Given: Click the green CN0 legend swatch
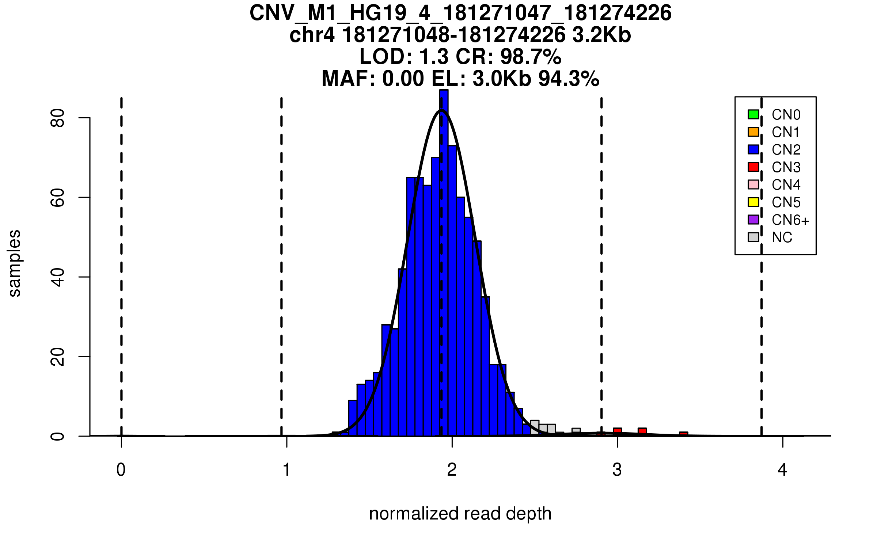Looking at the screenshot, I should click(x=753, y=114).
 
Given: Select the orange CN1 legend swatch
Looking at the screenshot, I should click(x=753, y=132).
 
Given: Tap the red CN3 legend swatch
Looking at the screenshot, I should click(x=753, y=167).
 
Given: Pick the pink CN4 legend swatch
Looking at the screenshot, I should click(x=753, y=184).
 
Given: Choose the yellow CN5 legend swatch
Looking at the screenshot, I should click(x=753, y=202).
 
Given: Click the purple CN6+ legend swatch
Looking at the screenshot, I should click(x=753, y=220).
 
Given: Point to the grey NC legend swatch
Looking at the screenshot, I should click(x=753, y=237).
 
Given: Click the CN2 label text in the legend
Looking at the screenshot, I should click(x=786, y=150).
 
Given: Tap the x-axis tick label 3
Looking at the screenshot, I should click(x=617, y=470).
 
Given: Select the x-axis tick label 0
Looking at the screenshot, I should click(x=121, y=470).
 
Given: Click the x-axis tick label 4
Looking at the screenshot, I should click(x=782, y=470).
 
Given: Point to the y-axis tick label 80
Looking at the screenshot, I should click(x=58, y=118).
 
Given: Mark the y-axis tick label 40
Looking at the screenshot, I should click(x=58, y=277).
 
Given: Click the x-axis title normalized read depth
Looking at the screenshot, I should click(x=460, y=514).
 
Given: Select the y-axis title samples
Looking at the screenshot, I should click(x=15, y=263).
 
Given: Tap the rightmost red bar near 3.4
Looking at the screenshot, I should click(x=683, y=434).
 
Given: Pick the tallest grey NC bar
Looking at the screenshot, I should click(x=535, y=428).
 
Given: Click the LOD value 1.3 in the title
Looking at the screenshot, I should click(x=433, y=57).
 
